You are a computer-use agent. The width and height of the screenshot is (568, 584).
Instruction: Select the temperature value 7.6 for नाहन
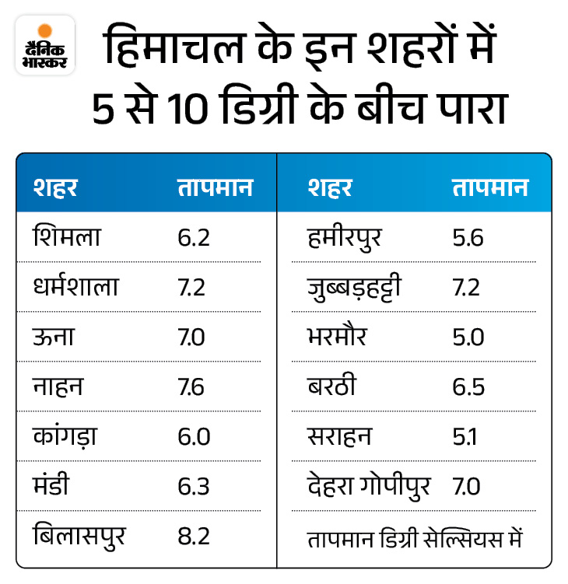pyautogui.click(x=191, y=387)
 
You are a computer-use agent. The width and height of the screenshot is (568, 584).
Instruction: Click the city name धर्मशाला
pyautogui.click(x=75, y=287)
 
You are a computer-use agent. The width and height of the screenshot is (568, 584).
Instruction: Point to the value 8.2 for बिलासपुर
pyautogui.click(x=193, y=537)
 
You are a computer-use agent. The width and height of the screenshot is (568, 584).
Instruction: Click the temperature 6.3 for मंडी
pyautogui.click(x=193, y=487)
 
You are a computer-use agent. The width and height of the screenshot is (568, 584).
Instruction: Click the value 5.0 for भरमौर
pyautogui.click(x=468, y=337)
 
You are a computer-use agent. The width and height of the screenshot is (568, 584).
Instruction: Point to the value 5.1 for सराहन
pyautogui.click(x=465, y=437)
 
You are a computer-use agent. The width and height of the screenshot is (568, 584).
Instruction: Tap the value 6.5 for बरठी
pyautogui.click(x=468, y=387)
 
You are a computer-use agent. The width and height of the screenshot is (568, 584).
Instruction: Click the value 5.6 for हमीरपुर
pyautogui.click(x=468, y=237)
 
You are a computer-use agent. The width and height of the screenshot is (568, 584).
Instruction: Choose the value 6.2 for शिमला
pyautogui.click(x=193, y=237)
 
